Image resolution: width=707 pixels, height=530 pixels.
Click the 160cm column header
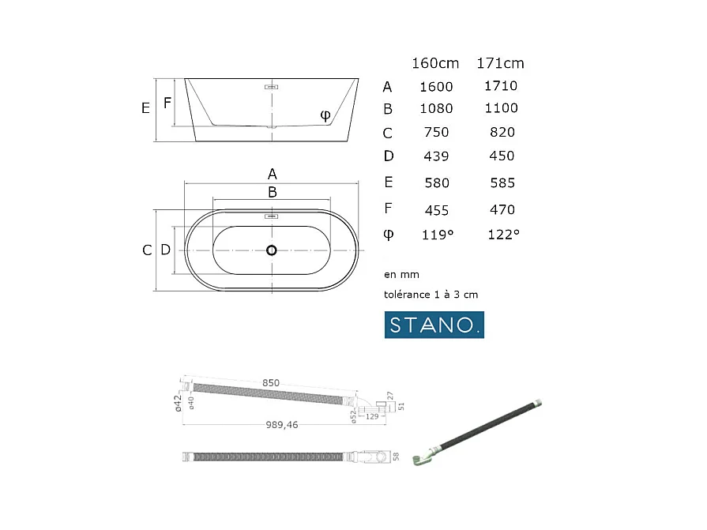click(x=435, y=63)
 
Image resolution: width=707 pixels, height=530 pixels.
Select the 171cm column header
click(x=500, y=63)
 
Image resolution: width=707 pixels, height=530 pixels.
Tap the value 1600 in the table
click(x=435, y=87)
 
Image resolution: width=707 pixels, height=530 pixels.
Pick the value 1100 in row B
click(x=501, y=108)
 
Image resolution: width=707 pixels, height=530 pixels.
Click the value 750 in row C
click(x=436, y=133)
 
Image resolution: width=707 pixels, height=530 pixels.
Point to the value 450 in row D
click(x=502, y=156)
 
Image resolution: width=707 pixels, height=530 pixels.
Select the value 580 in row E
click(x=436, y=183)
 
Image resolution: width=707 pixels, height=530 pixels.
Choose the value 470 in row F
click(x=502, y=210)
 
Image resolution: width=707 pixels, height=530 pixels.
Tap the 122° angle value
click(x=503, y=235)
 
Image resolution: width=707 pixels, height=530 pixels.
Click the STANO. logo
click(x=434, y=325)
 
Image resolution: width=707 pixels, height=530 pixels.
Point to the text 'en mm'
click(x=401, y=275)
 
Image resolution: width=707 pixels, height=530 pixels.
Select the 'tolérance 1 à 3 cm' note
click(x=431, y=295)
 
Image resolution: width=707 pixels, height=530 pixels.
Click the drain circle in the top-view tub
click(x=272, y=250)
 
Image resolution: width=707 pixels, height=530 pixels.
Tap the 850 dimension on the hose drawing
click(x=271, y=383)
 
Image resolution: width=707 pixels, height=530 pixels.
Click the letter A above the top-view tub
click(x=272, y=174)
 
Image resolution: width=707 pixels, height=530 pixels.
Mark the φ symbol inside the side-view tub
click(x=325, y=115)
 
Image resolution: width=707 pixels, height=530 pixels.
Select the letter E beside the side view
click(x=145, y=108)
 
